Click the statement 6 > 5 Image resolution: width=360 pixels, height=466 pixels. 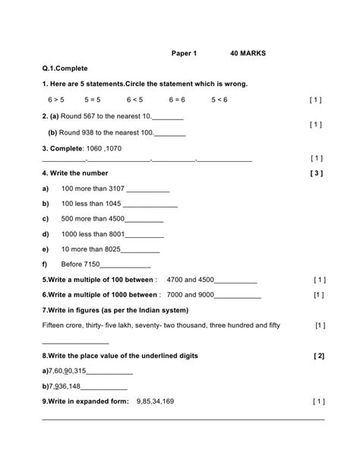(x=56, y=100)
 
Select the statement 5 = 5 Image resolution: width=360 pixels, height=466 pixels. (x=93, y=100)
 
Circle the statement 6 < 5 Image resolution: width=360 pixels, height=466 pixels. (x=134, y=100)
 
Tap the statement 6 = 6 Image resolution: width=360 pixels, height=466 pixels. (x=176, y=100)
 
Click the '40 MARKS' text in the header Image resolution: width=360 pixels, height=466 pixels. (x=248, y=54)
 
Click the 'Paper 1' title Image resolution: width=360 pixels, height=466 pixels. (x=184, y=54)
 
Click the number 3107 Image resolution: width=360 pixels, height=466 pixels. (x=120, y=189)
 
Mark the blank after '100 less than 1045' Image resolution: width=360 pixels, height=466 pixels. (x=150, y=204)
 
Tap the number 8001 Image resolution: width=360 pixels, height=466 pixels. (x=118, y=236)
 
